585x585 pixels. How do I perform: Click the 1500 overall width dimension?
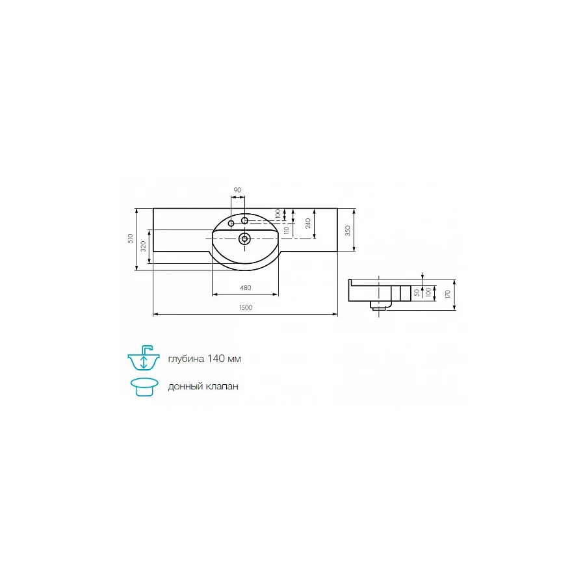click(x=245, y=307)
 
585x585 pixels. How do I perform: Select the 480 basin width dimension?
click(x=246, y=288)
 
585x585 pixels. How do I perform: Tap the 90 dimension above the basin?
click(x=237, y=190)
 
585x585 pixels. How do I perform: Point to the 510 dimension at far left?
click(x=131, y=239)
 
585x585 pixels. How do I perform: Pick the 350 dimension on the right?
click(x=348, y=230)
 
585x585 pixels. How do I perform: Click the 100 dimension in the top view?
click(x=278, y=214)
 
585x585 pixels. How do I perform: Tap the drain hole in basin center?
click(x=245, y=238)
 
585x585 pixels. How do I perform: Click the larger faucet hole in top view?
click(x=244, y=221)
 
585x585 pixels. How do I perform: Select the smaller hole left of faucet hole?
click(x=231, y=224)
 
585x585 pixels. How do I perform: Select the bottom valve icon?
click(x=144, y=386)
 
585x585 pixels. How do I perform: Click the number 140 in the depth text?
click(x=218, y=359)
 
